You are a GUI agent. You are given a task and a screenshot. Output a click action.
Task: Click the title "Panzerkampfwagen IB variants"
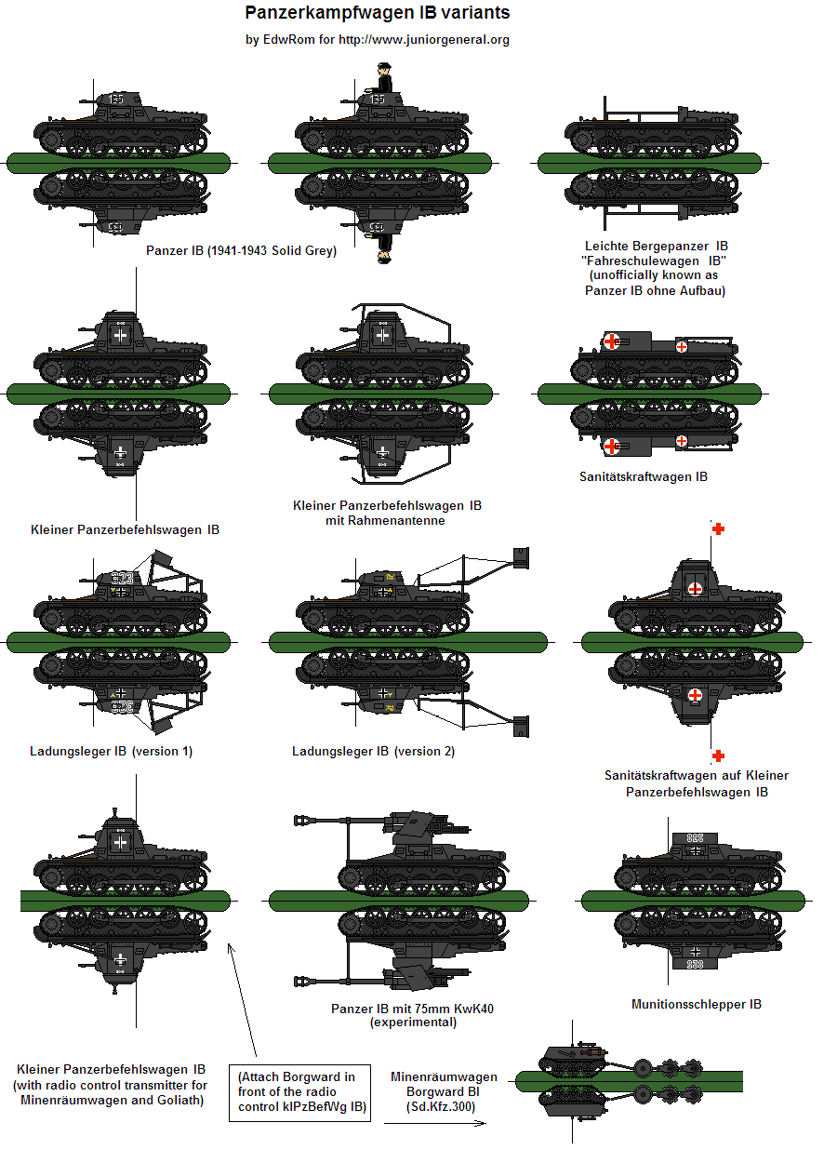click(378, 14)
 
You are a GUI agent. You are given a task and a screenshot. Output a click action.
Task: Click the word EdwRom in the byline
click(286, 40)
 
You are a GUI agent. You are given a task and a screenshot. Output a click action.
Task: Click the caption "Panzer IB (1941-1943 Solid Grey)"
click(241, 251)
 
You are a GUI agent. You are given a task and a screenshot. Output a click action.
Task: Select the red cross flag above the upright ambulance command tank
click(718, 528)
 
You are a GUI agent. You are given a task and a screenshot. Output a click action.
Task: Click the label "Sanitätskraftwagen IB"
click(643, 476)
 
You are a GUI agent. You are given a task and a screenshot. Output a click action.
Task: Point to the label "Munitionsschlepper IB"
click(696, 1004)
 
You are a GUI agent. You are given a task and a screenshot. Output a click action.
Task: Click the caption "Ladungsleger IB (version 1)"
click(111, 751)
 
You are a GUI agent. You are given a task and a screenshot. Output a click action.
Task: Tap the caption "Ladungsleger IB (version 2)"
click(373, 751)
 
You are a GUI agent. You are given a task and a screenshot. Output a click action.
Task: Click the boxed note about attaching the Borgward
click(299, 1092)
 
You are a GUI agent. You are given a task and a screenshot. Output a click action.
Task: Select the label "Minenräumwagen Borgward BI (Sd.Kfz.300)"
click(444, 1091)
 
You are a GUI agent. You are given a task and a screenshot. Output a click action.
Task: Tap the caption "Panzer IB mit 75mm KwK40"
click(412, 1009)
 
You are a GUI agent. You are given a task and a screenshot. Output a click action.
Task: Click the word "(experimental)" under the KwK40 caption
click(413, 1023)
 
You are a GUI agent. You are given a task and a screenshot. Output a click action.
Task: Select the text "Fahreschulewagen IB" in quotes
click(656, 261)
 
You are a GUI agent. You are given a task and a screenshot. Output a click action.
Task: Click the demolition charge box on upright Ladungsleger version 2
click(521, 558)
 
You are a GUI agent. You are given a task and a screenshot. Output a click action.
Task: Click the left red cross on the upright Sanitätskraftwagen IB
click(610, 341)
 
